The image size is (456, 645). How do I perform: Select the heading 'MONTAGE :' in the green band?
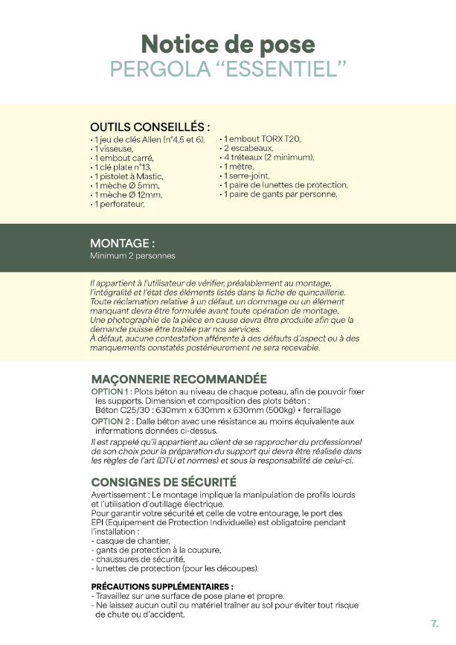(122, 243)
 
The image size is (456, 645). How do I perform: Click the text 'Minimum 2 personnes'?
(132, 256)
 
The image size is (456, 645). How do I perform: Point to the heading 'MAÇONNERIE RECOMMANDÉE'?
(179, 379)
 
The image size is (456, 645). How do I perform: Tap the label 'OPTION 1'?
(111, 391)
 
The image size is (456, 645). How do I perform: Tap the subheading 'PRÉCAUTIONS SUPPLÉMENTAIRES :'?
(162, 586)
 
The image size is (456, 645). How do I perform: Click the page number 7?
(434, 623)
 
